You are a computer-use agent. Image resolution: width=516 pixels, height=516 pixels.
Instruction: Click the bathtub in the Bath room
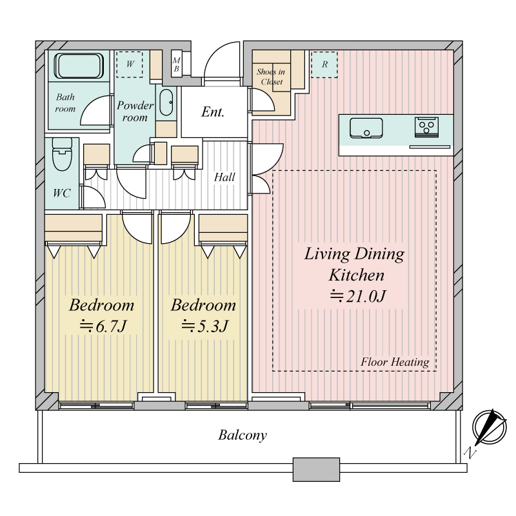pyautogui.click(x=79, y=66)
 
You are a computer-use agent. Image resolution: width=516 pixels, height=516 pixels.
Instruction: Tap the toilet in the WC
pyautogui.click(x=62, y=154)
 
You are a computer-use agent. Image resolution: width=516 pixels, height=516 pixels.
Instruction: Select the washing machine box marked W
pyautogui.click(x=130, y=64)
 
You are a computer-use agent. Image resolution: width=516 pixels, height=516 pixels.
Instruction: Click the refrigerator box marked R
pyautogui.click(x=324, y=64)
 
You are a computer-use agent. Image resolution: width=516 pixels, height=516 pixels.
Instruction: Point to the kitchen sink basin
pyautogui.click(x=366, y=128)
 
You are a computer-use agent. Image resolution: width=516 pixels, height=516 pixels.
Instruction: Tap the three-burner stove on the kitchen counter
pyautogui.click(x=426, y=127)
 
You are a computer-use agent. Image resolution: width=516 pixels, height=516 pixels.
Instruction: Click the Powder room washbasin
pyautogui.click(x=166, y=103)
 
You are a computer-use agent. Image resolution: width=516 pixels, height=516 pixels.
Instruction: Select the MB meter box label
pyautogui.click(x=176, y=64)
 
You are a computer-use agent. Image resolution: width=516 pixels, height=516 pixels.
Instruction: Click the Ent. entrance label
pyautogui.click(x=213, y=112)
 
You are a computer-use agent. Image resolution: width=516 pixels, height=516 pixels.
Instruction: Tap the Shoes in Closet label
pyautogui.click(x=271, y=76)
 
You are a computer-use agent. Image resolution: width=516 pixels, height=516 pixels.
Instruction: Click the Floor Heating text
pyautogui.click(x=395, y=362)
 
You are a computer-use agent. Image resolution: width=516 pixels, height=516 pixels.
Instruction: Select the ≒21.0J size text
pyautogui.click(x=358, y=296)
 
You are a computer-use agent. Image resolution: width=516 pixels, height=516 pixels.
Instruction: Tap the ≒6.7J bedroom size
pyautogui.click(x=103, y=326)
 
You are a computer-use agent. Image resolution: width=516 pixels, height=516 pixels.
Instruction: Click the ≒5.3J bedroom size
pyautogui.click(x=204, y=326)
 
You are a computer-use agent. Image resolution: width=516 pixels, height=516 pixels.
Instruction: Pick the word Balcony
pyautogui.click(x=243, y=435)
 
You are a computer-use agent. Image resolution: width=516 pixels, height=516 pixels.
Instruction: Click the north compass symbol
pyautogui.click(x=490, y=427)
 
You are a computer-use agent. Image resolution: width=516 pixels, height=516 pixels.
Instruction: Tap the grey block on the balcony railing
pyautogui.click(x=316, y=470)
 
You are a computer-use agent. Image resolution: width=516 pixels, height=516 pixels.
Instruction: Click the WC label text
pyautogui.click(x=61, y=193)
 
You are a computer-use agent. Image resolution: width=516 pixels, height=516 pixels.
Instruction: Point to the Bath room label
pyautogui.click(x=65, y=103)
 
